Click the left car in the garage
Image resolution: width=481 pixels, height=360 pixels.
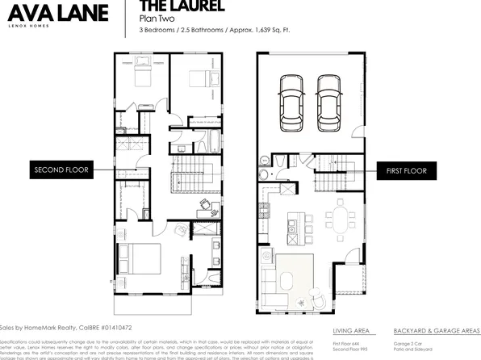pyautogui.click(x=291, y=103)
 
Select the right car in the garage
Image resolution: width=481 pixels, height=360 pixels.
pyautogui.click(x=328, y=103)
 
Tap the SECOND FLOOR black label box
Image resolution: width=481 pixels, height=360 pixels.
pyautogui.click(x=61, y=170)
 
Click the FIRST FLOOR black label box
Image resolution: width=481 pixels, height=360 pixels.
pyautogui.click(x=408, y=170)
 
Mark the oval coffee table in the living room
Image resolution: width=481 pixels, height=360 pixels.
pyautogui.click(x=288, y=278)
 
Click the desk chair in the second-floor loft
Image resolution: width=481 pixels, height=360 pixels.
pyautogui.click(x=209, y=204)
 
